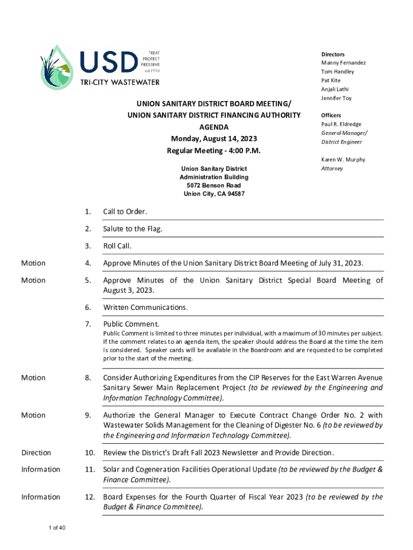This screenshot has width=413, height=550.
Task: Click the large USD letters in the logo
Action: point(109,63)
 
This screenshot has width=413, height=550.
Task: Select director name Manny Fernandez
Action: point(343,63)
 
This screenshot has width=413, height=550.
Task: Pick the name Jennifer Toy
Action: point(336,98)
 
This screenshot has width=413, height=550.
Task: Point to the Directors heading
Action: point(333,54)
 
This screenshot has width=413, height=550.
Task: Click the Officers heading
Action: point(331,115)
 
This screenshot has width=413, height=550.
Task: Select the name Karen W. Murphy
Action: point(343,160)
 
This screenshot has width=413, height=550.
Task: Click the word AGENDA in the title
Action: point(214,127)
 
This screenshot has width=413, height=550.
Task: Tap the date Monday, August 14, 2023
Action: point(214,139)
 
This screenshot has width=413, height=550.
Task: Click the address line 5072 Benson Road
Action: point(214,185)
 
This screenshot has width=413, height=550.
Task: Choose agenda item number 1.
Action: point(87,212)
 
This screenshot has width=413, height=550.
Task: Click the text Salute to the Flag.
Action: point(132,229)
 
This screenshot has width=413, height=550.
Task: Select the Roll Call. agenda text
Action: point(117,246)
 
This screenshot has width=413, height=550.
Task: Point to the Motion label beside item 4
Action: point(33,263)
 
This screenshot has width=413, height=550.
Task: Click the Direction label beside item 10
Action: point(36,452)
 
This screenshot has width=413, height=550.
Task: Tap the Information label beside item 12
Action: point(41,497)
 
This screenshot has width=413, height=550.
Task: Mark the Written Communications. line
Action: point(145,308)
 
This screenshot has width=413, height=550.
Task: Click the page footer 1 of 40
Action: point(56,529)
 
